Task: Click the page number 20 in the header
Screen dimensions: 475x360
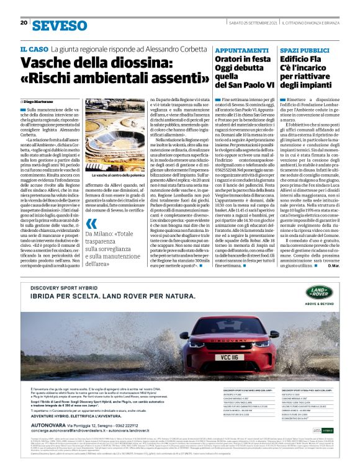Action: [24, 23]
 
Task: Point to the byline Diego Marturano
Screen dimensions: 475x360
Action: [40, 100]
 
